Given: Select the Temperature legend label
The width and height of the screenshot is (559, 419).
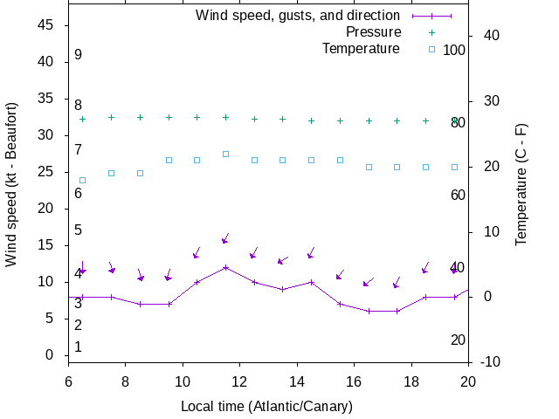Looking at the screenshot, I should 361,49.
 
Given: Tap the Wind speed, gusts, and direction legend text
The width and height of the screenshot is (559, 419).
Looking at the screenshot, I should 298,16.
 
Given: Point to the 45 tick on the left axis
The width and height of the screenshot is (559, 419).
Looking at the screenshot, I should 47,25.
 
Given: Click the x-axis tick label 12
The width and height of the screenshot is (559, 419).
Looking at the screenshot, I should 239,381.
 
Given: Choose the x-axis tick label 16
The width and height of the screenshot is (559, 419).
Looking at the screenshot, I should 354,381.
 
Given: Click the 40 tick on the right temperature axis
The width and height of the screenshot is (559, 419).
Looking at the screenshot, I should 490,36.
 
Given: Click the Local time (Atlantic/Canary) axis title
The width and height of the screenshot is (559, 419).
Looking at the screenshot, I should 266,407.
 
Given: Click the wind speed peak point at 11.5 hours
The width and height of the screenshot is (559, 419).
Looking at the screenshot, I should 225,267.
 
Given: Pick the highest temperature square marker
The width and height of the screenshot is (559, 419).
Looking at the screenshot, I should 225,154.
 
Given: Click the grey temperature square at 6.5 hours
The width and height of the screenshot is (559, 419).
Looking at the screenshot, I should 82,180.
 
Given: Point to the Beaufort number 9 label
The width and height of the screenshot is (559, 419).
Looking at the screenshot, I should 78,55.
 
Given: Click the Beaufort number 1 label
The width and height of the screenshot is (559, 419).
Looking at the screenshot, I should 78,347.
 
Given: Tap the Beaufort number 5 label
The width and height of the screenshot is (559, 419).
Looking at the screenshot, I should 78,230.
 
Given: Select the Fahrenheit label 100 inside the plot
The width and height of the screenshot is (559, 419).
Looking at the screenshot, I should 454,50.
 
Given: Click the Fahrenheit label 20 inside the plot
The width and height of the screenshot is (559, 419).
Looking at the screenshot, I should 458,340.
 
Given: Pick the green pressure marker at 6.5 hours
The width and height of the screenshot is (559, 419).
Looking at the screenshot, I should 82,119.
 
